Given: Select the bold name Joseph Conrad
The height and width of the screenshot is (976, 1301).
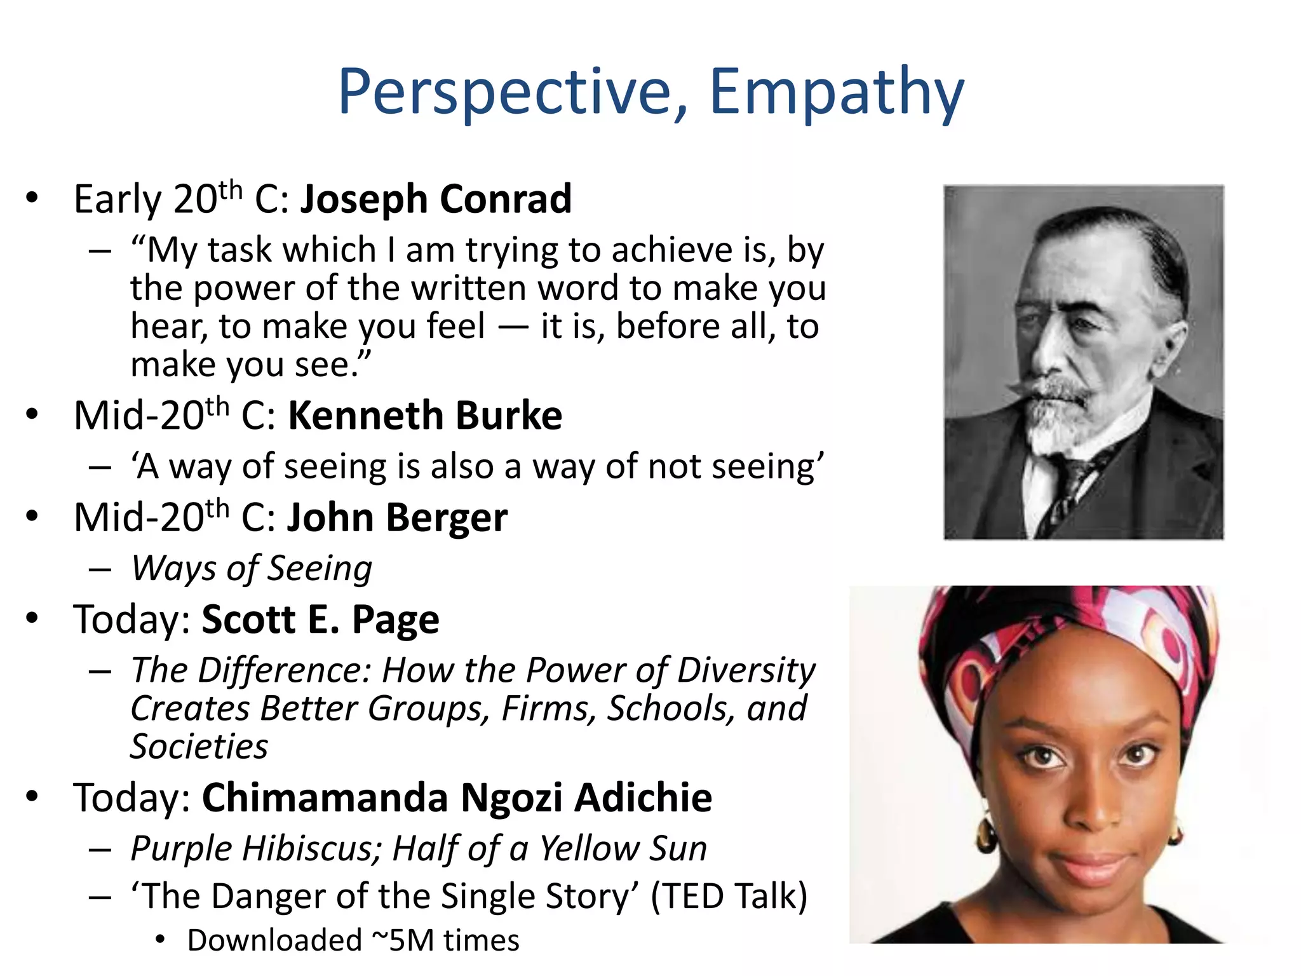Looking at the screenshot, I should pyautogui.click(x=436, y=200).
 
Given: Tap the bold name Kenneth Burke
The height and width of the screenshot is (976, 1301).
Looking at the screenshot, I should pyautogui.click(x=425, y=416).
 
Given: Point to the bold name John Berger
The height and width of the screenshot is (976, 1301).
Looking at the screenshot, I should pyautogui.click(x=397, y=518).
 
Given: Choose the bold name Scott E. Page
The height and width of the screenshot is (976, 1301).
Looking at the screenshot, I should pyautogui.click(x=320, y=620).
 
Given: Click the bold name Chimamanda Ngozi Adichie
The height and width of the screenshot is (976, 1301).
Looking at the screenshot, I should pyautogui.click(x=457, y=798).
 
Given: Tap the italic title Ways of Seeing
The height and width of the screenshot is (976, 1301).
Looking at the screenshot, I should pyautogui.click(x=252, y=569).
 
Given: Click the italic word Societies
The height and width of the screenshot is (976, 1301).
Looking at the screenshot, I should pyautogui.click(x=199, y=747).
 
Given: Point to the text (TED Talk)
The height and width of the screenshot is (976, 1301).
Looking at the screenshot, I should pyautogui.click(x=729, y=897).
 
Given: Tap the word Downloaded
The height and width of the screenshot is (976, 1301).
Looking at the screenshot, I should pyautogui.click(x=274, y=940).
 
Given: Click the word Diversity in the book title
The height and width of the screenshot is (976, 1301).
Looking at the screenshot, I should pyautogui.click(x=746, y=670).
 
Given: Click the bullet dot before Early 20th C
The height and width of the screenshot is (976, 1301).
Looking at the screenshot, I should pyautogui.click(x=32, y=198).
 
